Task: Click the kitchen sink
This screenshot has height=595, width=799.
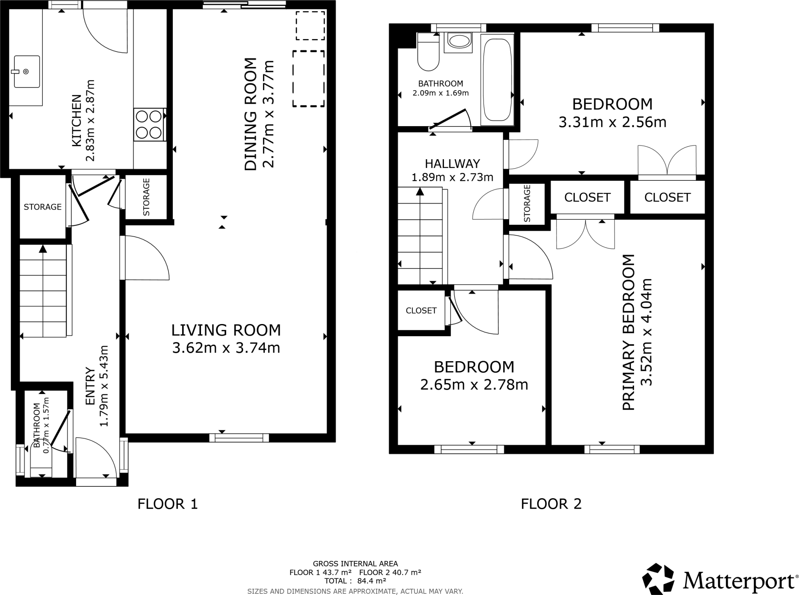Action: [x=27, y=71]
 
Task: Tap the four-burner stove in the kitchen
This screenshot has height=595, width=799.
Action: [x=149, y=125]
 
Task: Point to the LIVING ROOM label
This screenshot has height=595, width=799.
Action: [x=226, y=330]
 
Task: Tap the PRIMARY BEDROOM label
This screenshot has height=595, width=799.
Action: [x=628, y=332]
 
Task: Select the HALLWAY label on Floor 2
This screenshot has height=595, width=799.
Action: [x=452, y=164]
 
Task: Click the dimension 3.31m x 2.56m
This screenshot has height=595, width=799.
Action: [x=612, y=122]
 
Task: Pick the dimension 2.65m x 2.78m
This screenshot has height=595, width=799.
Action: [x=474, y=385]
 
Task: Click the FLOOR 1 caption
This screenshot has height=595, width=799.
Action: [x=168, y=504]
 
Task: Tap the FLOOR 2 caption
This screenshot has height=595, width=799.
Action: [x=551, y=504]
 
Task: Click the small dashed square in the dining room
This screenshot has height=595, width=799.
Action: [x=310, y=25]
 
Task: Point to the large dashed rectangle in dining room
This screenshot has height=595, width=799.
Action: [x=309, y=78]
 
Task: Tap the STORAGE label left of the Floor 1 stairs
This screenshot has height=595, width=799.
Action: [x=43, y=207]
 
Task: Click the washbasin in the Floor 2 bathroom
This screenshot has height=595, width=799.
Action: [x=459, y=41]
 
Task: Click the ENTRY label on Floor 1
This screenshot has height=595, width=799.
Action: [x=90, y=387]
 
